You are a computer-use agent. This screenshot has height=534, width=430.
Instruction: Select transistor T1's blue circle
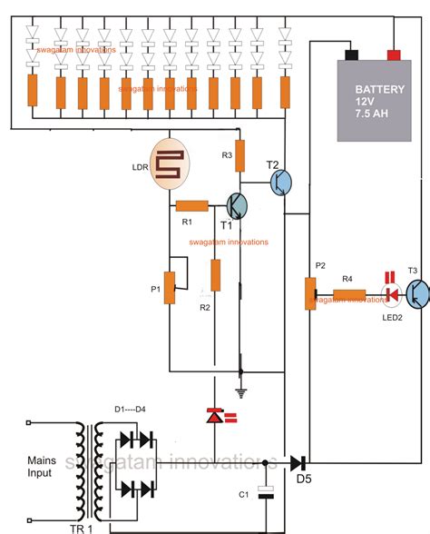pyautogui.click(x=237, y=206)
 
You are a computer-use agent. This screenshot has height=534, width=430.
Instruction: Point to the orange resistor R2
pyautogui.click(x=215, y=273)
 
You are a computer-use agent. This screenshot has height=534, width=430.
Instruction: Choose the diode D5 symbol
pyautogui.click(x=298, y=462)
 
